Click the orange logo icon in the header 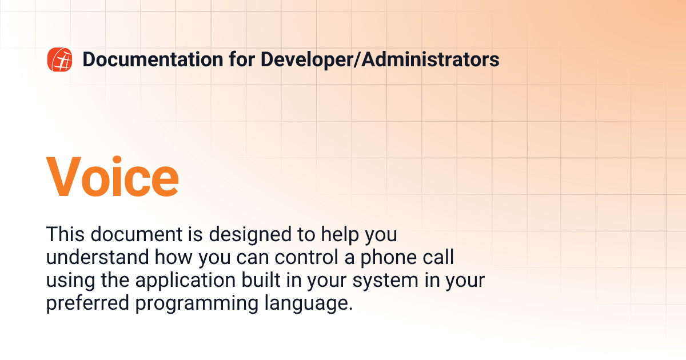click(x=59, y=59)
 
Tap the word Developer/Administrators click(x=380, y=59)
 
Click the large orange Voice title click(x=112, y=177)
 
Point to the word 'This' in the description click(x=65, y=235)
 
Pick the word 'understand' click(x=98, y=258)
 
